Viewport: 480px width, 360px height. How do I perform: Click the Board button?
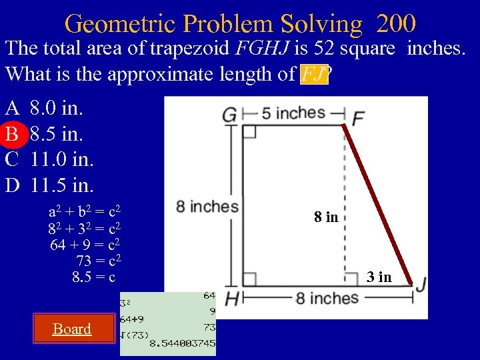coord(72,329)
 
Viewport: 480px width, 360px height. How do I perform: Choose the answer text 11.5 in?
coord(62,183)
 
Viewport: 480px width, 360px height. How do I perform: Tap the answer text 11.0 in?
coord(62,159)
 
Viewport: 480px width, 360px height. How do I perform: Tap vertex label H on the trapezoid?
coord(231,299)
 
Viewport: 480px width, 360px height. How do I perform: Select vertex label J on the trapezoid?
coord(421,285)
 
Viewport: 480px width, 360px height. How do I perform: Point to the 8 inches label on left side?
coord(207,207)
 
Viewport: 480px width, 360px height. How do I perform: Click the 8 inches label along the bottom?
coord(327,297)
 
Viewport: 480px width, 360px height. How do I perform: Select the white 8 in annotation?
coord(326,217)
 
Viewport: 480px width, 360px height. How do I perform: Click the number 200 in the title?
coord(396,25)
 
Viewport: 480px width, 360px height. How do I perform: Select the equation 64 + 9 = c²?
coord(85,245)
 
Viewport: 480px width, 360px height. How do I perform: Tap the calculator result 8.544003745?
coord(182,343)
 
